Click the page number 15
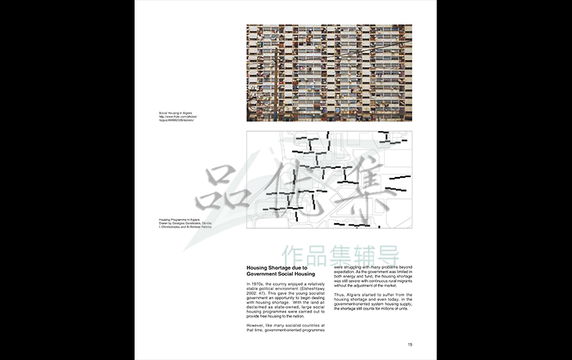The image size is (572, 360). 409,344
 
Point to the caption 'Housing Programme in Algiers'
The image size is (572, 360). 179,219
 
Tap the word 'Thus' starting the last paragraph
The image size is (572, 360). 338,295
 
